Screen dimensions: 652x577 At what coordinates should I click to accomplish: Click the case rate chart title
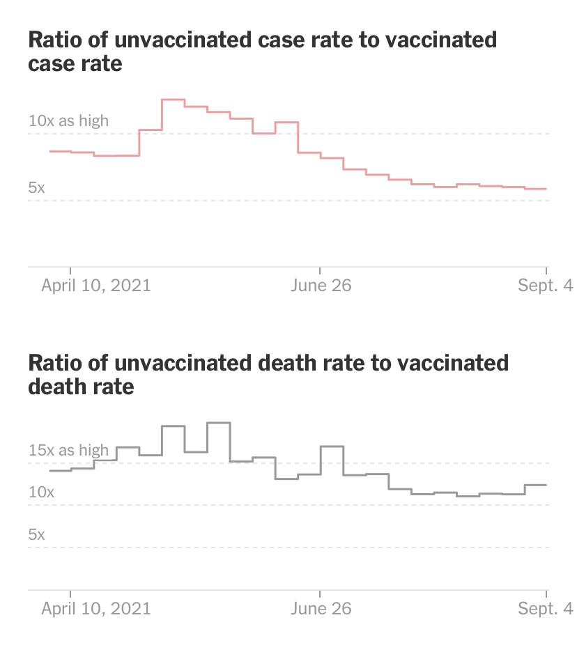(262, 52)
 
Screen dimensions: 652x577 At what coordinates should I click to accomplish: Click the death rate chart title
(268, 374)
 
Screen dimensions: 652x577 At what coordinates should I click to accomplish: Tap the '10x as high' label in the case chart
(68, 121)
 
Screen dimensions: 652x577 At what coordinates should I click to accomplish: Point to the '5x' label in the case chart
(37, 187)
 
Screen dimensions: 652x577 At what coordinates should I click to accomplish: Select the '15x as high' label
(68, 450)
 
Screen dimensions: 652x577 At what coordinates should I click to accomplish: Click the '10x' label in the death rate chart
(40, 492)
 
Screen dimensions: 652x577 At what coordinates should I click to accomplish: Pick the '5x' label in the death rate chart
(37, 534)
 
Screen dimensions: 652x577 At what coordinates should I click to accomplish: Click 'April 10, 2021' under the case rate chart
(95, 286)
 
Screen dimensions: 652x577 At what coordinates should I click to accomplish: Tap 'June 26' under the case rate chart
(321, 286)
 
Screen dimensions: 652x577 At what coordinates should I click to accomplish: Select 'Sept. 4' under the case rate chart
(544, 286)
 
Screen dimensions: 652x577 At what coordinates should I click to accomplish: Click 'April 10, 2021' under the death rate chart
(95, 608)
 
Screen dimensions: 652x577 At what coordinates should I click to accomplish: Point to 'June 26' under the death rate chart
(321, 608)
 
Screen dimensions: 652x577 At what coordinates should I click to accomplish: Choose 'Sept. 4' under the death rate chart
(544, 608)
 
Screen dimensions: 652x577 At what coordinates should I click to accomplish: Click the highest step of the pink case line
(173, 100)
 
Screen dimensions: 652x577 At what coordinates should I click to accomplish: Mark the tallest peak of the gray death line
(218, 423)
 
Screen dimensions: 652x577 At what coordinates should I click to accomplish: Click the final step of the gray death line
(535, 485)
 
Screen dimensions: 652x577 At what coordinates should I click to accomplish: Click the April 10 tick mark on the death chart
(71, 593)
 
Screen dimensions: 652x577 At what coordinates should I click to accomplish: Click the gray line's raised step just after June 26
(332, 446)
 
